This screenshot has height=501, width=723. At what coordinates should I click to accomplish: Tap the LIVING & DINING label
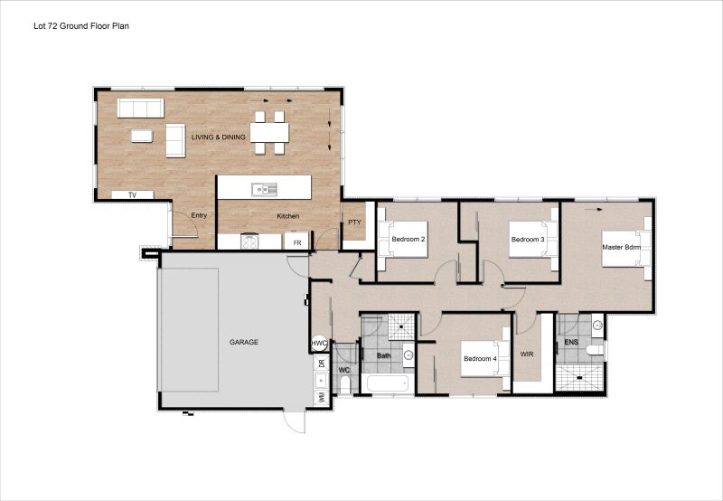219,137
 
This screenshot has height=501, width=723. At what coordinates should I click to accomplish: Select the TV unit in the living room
132,194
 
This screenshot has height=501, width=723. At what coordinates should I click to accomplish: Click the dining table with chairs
269,132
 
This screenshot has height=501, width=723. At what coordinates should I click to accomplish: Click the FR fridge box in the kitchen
296,241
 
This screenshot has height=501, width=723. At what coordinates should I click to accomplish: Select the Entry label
199,215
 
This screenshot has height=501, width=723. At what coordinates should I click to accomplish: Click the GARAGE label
244,342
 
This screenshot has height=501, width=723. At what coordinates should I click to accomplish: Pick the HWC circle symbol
319,344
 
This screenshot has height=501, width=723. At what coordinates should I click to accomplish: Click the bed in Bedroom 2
402,239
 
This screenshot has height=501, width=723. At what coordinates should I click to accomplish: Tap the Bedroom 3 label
527,240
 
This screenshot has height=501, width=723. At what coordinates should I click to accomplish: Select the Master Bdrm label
621,246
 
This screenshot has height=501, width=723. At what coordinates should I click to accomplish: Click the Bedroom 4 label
480,359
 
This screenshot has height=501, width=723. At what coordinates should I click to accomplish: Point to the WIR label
527,354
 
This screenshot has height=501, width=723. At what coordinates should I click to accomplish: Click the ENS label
570,343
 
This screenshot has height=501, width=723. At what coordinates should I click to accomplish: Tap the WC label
343,370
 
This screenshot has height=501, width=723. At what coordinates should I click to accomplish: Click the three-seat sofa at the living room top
141,109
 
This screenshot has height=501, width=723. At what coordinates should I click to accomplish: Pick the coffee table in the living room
142,136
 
